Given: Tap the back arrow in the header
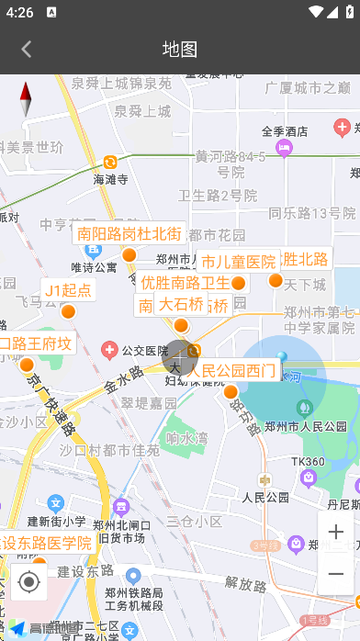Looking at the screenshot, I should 27,50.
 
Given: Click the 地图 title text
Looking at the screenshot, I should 180,50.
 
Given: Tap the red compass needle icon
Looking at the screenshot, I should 26,99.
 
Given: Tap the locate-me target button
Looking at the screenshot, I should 28,581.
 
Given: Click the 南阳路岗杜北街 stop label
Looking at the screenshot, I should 129,234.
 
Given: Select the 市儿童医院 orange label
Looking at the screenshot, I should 238,263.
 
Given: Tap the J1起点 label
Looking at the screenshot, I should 68,291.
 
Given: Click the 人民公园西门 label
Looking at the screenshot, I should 231,371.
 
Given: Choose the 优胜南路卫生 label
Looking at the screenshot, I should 185,283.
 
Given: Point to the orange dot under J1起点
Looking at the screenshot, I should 68,312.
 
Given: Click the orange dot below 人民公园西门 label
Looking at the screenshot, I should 231,392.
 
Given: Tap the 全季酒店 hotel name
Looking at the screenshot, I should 285,131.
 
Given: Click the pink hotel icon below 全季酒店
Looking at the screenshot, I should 285,146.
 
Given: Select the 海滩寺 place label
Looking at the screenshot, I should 110,179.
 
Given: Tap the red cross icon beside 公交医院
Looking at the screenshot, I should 110,350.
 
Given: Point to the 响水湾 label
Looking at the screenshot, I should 186,439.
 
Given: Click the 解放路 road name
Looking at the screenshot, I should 244,582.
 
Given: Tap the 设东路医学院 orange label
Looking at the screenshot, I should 46,543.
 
